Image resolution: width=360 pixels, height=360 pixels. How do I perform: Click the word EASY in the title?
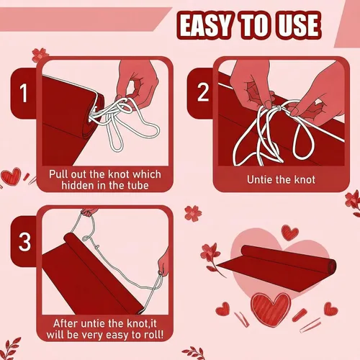pyautogui.click(x=206, y=25)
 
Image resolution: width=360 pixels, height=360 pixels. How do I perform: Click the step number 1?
pyautogui.click(x=24, y=94)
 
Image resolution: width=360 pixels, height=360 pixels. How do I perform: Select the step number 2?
pyautogui.click(x=203, y=92)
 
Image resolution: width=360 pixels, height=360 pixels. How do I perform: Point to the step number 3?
pyautogui.click(x=24, y=242)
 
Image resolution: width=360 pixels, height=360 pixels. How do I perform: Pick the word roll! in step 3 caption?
pyautogui.click(x=153, y=334)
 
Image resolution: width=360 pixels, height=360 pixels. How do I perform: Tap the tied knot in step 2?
pyautogui.click(x=279, y=108)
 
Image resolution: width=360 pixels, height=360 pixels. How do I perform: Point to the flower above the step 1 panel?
pyautogui.click(x=40, y=55)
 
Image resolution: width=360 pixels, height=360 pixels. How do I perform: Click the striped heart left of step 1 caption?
pyautogui.click(x=12, y=176)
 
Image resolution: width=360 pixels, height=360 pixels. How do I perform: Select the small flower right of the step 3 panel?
pyautogui.click(x=193, y=213)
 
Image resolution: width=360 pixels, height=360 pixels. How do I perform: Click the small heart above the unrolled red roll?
pyautogui.click(x=290, y=233)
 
